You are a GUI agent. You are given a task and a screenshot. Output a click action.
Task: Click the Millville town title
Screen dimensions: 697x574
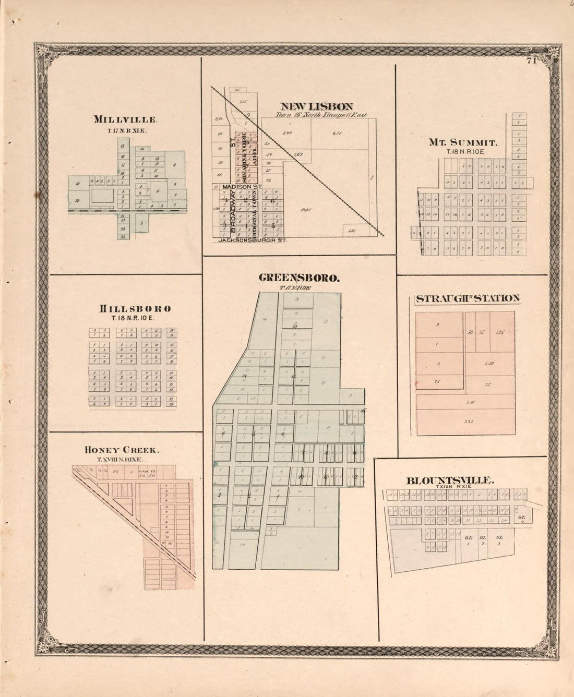click(125, 119)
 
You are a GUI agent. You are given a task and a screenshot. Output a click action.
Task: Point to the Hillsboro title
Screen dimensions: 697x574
click(135, 308)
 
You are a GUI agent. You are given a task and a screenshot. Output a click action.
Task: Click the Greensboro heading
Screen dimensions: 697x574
click(299, 278)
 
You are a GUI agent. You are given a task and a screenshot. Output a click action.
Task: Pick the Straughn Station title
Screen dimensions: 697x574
click(467, 298)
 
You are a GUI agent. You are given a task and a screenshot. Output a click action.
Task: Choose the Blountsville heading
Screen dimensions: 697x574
click(450, 480)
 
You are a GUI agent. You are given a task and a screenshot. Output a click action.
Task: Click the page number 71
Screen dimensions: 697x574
click(531, 61)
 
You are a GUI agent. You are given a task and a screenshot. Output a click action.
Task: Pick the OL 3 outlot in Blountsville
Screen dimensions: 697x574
click(499, 540)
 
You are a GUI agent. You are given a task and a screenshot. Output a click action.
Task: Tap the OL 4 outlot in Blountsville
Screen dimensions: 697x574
click(521, 519)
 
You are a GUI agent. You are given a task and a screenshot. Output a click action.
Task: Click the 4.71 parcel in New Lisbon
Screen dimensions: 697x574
click(337, 134)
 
